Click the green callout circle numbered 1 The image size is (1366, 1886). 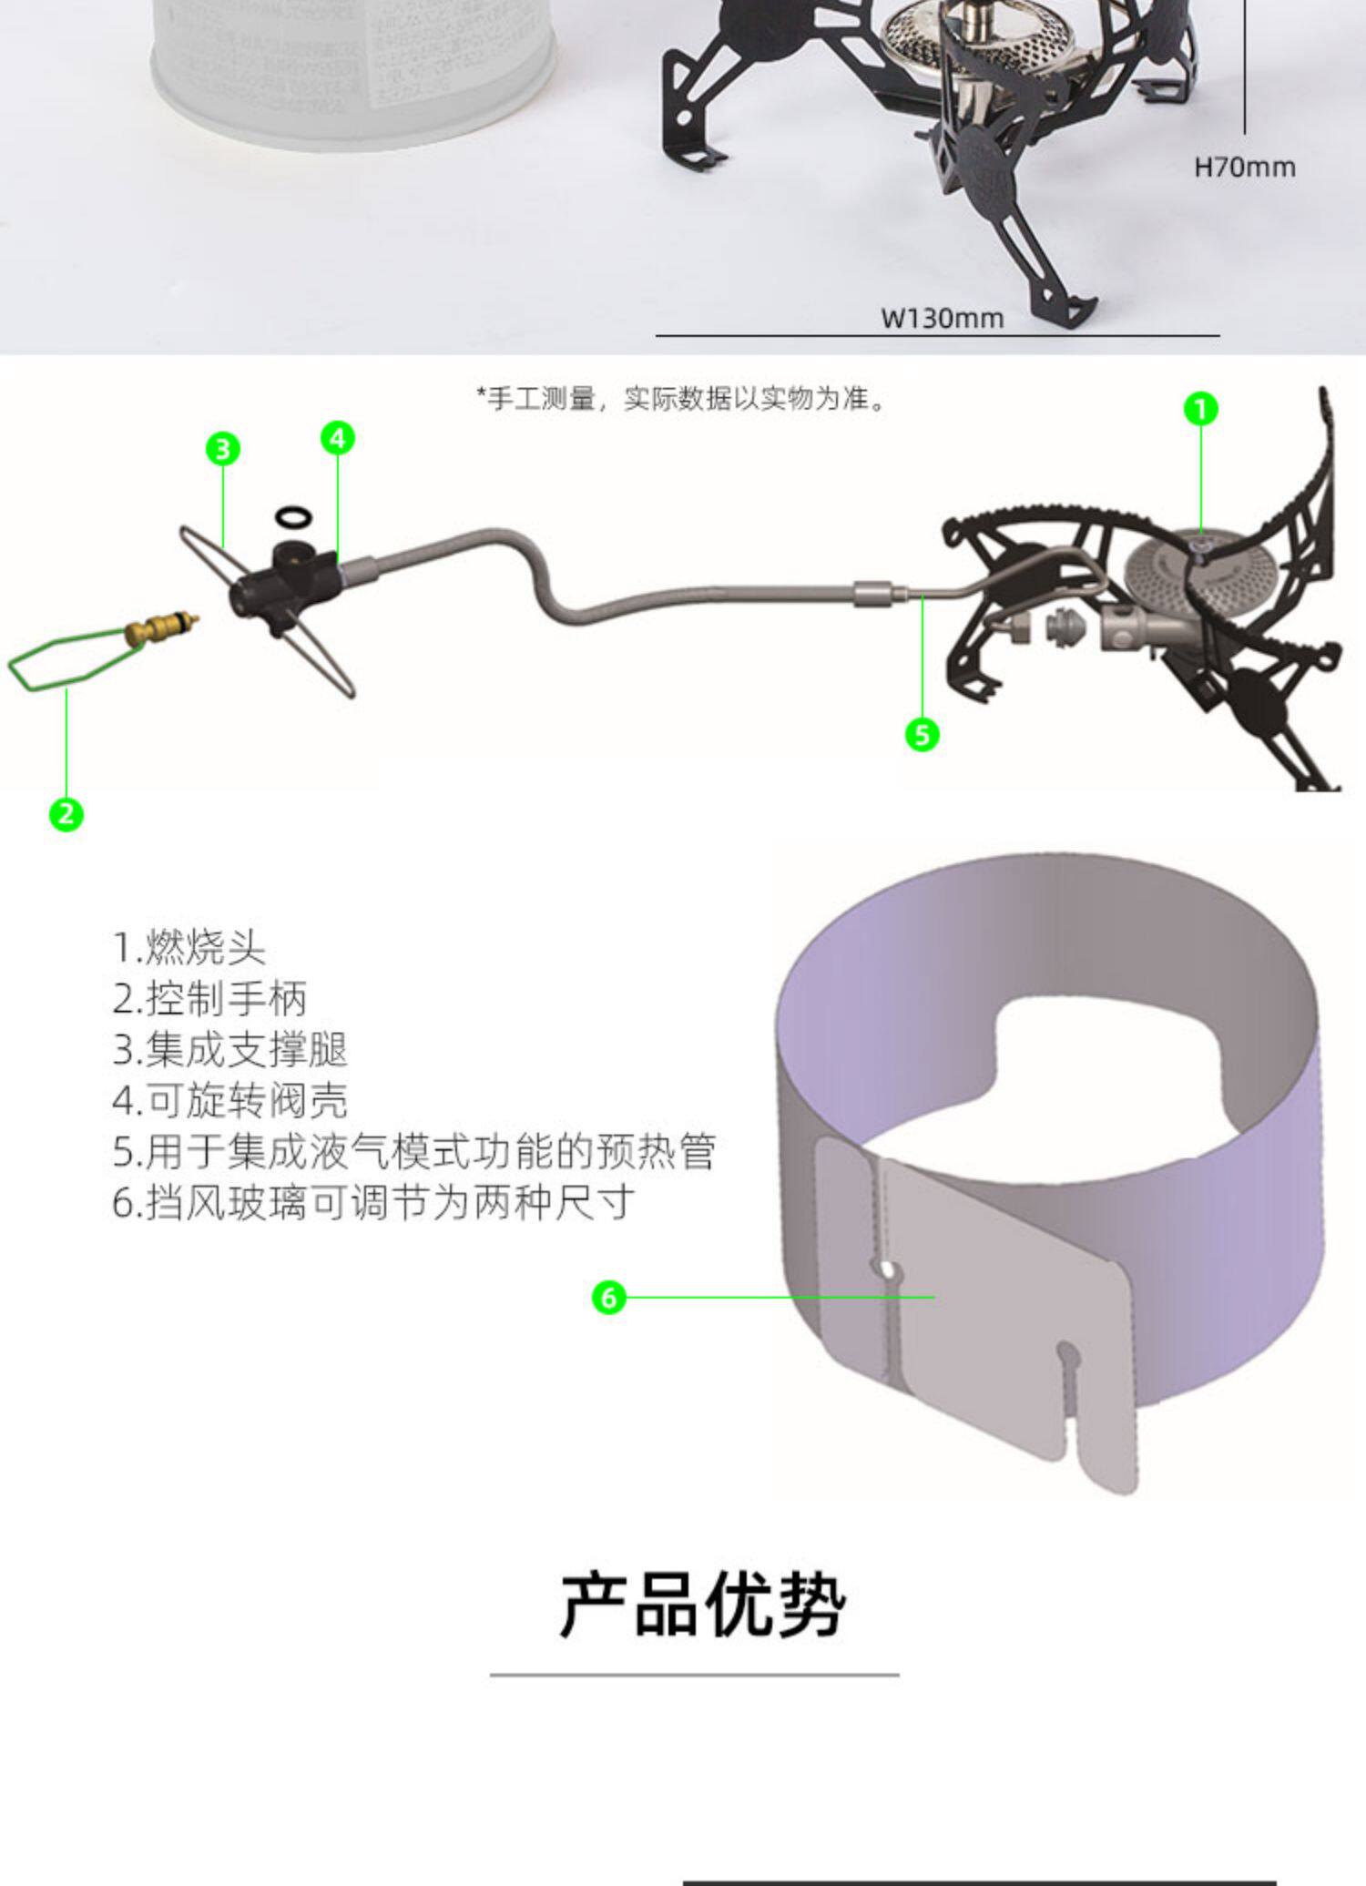1200,409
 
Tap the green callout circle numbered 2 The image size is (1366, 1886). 66,813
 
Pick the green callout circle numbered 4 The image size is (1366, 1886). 338,438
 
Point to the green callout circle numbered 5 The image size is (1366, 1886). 922,734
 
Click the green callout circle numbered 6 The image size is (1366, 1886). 609,1297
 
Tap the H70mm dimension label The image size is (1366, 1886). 1244,168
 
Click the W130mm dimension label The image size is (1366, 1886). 942,319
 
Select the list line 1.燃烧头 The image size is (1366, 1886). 189,948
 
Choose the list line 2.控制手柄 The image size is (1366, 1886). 209,999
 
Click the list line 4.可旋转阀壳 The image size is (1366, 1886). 230,1101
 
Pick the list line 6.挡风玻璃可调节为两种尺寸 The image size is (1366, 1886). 373,1203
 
